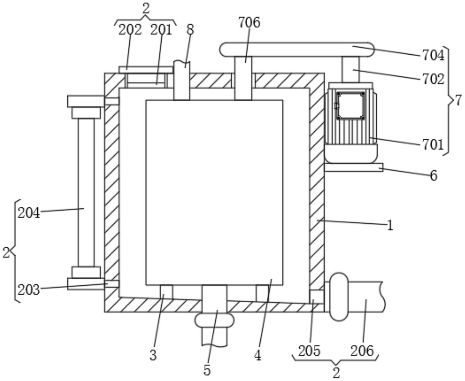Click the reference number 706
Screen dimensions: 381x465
pos(249,23)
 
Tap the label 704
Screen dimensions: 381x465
pos(433,55)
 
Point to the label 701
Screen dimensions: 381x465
pos(433,144)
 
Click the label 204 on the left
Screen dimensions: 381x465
pos(29,213)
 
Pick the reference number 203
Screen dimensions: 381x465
pos(29,290)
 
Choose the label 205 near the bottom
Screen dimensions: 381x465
pos(309,351)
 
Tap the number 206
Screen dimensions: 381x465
pos(362,351)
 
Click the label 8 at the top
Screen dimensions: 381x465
pos(190,29)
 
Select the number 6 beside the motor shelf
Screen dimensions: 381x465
pos(434,176)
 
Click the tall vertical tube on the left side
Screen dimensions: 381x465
pos(86,192)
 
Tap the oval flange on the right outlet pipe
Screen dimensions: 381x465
pos(339,297)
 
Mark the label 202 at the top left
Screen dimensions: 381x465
pos(130,30)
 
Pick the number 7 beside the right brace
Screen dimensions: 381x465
pos(458,100)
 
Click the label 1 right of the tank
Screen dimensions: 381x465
pos(390,226)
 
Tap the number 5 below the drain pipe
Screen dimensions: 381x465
pos(207,370)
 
